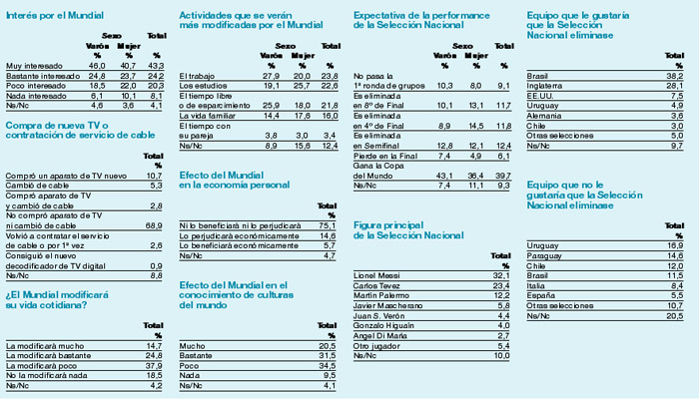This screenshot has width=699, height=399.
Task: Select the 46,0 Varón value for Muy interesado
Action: click(x=97, y=66)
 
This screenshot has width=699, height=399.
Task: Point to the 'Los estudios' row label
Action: click(x=201, y=85)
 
